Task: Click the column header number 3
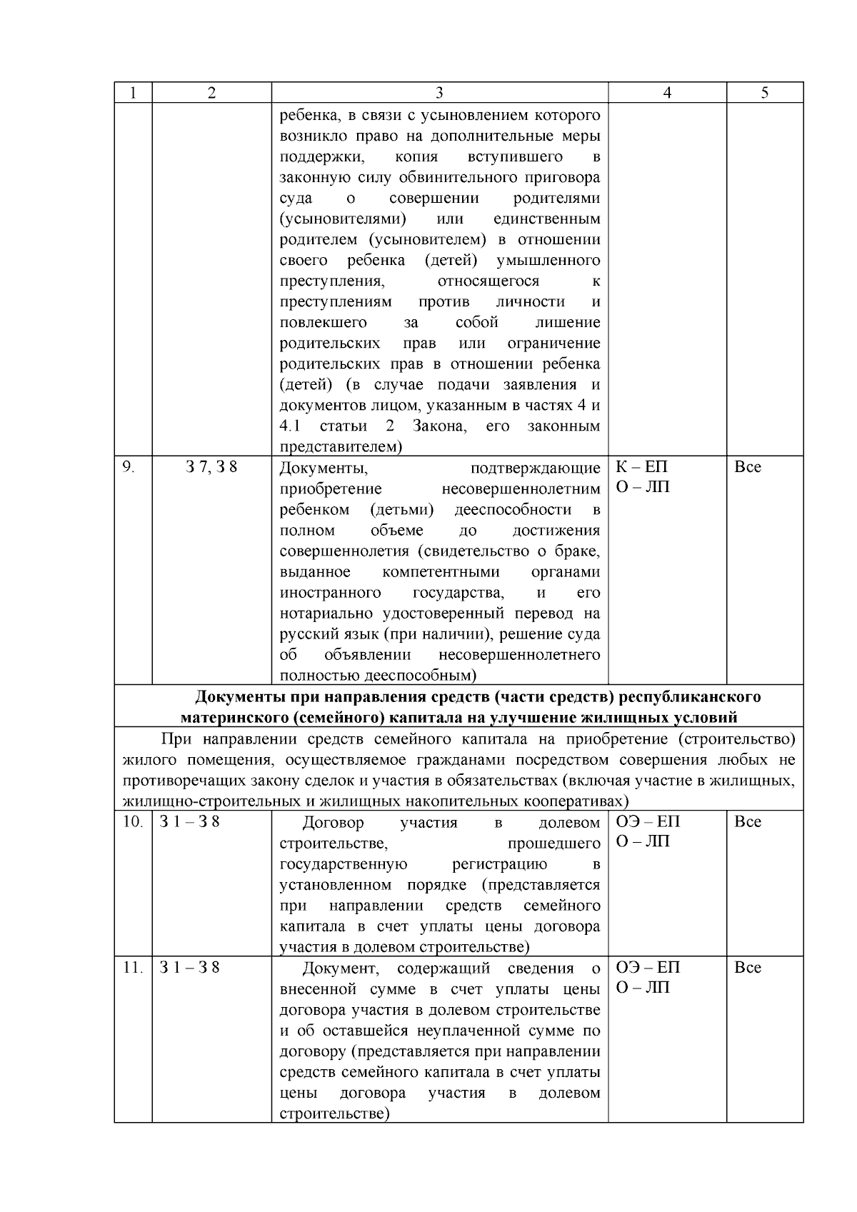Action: [439, 93]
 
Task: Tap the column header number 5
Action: [765, 93]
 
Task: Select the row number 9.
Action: [128, 467]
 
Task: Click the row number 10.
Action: [132, 822]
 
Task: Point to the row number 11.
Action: [132, 968]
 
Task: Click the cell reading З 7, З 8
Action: [211, 467]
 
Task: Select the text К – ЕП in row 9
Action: [641, 467]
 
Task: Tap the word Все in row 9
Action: [748, 467]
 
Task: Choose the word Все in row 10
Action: [748, 822]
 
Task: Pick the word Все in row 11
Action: [748, 968]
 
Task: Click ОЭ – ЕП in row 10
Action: [648, 822]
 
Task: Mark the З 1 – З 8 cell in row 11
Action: [190, 968]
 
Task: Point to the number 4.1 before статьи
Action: [290, 426]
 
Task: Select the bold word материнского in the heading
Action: [229, 717]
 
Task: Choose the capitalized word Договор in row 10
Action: [333, 823]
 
